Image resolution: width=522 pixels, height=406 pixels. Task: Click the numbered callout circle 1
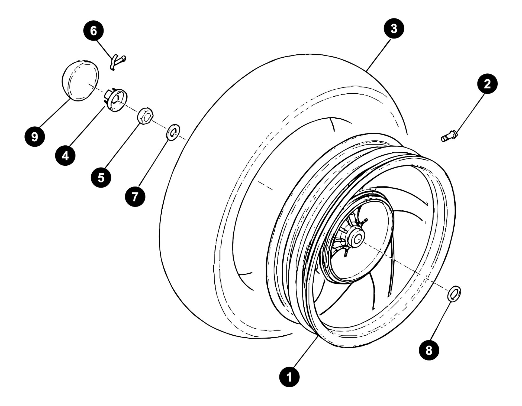point(289,376)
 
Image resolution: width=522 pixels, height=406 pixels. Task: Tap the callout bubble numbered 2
point(487,84)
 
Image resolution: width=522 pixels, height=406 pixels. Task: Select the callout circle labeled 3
point(394,28)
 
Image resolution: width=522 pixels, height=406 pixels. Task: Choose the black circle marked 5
point(101,178)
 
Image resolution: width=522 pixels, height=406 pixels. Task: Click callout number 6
point(93,31)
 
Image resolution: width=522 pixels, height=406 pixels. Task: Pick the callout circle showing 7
point(135,196)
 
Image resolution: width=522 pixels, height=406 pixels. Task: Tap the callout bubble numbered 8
point(429,351)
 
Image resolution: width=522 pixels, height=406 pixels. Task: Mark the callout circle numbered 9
point(34,137)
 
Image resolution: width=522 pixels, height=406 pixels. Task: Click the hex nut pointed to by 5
point(146,116)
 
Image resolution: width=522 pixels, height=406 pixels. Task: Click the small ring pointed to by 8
point(454,293)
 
